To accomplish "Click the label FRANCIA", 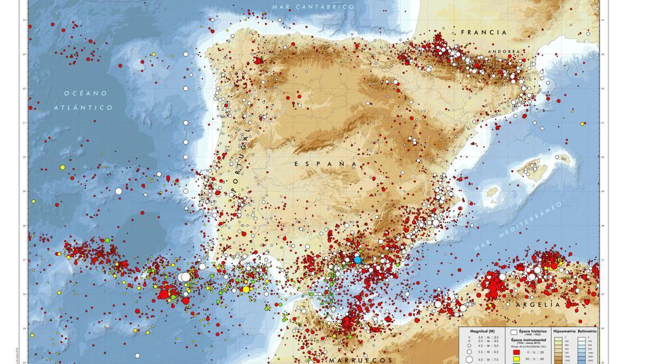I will click(484, 32).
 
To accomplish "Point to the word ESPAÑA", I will click(326, 163).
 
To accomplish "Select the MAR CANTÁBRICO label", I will click(313, 7).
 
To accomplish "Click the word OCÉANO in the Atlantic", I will click(86, 93).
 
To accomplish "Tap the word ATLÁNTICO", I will click(84, 108).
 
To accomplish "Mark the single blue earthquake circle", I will click(357, 259).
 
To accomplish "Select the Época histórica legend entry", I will click(531, 331).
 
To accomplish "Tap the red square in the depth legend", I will click(515, 352).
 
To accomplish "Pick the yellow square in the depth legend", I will click(515, 359).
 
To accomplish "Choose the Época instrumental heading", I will click(531, 340).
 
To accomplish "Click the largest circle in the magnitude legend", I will click(469, 359).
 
